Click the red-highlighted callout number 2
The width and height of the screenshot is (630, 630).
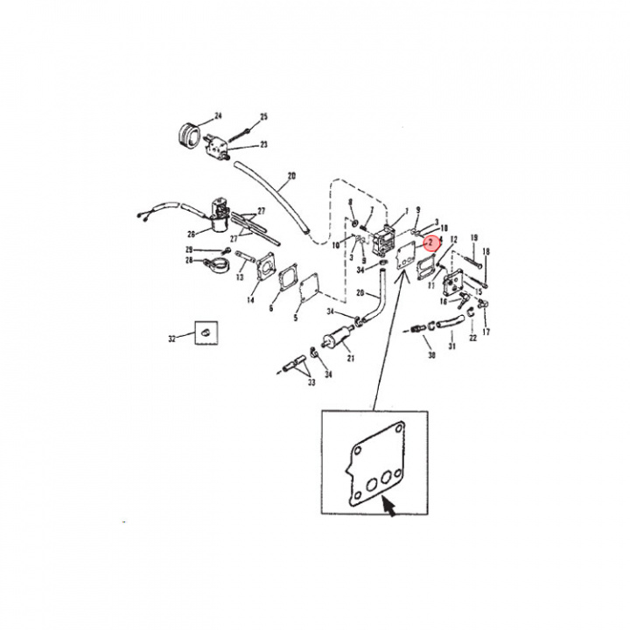[x=430, y=242]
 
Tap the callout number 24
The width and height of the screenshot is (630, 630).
[x=219, y=116]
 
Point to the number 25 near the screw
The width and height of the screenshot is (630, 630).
[x=263, y=116]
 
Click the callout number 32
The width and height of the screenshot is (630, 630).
[x=171, y=338]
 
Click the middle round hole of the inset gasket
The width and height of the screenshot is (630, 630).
[x=371, y=481]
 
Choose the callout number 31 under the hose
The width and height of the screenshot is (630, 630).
[x=452, y=346]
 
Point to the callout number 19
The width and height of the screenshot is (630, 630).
[x=474, y=238]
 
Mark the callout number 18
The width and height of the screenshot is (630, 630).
[x=486, y=252]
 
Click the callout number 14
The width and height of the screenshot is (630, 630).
[x=251, y=300]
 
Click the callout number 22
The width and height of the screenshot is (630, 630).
[x=472, y=337]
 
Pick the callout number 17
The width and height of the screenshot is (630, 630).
[x=486, y=332]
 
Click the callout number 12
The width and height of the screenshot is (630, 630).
[x=453, y=239]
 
